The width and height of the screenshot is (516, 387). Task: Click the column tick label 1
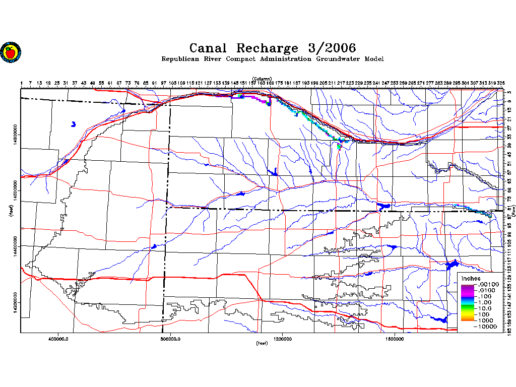click(x=22, y=83)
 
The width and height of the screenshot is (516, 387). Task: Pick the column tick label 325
click(x=501, y=83)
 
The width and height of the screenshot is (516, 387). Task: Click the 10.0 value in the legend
click(x=485, y=308)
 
